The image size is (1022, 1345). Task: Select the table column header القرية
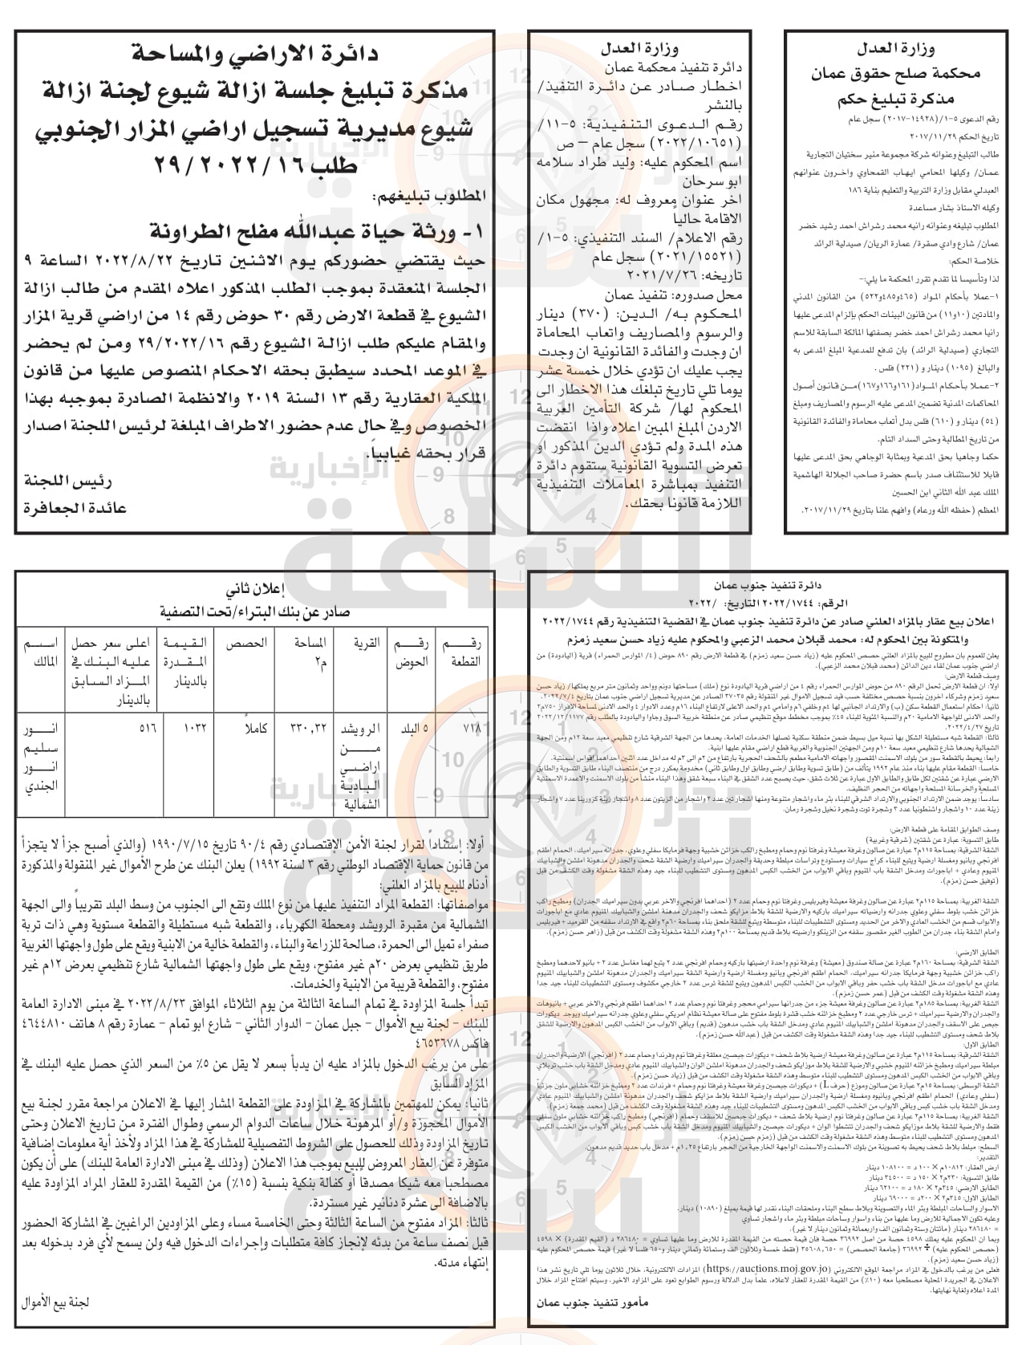368,644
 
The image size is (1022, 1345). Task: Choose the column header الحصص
241,644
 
